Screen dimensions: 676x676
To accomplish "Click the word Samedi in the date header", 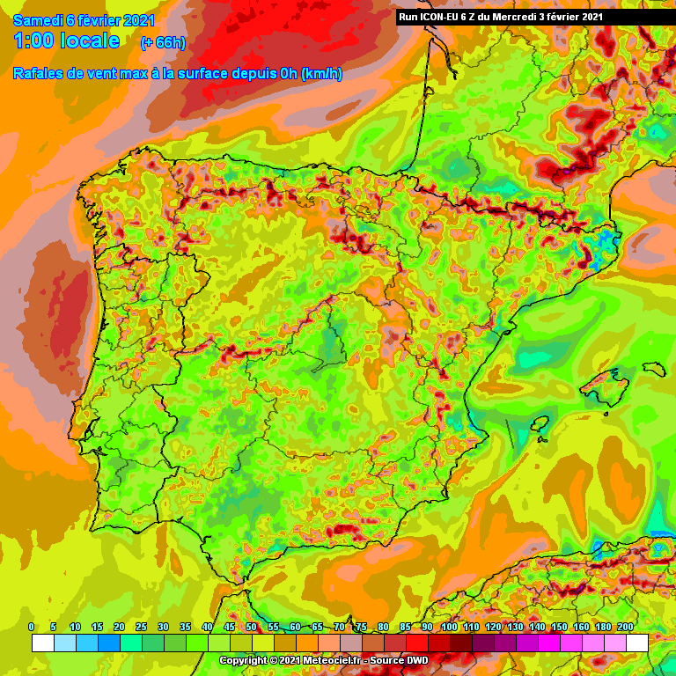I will click(32, 20).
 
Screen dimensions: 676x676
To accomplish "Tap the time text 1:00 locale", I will click(66, 41).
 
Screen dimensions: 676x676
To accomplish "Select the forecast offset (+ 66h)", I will click(163, 43).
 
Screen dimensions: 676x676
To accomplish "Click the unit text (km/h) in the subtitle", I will click(321, 74).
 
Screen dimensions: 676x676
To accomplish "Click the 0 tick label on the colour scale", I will click(32, 627).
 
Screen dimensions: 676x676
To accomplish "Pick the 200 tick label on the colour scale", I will click(626, 627).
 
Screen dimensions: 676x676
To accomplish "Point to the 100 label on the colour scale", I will click(450, 627).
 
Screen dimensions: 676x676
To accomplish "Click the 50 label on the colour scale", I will click(251, 627).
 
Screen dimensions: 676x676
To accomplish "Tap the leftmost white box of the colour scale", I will click(42, 643).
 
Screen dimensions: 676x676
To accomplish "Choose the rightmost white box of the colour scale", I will click(637, 643).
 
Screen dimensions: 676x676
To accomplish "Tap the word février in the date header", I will click(105, 20).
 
